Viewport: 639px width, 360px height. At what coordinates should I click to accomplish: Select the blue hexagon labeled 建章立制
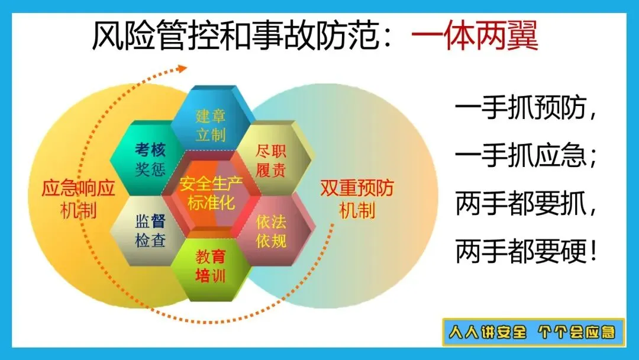(x=211, y=118)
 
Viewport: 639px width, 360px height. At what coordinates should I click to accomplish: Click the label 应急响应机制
(x=78, y=199)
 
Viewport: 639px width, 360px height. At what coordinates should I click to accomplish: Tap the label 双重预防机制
(x=357, y=199)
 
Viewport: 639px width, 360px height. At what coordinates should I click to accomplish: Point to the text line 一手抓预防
(x=526, y=107)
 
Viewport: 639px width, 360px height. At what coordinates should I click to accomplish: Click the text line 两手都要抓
(x=526, y=203)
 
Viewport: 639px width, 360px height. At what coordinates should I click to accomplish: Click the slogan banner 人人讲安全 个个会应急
(x=534, y=332)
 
